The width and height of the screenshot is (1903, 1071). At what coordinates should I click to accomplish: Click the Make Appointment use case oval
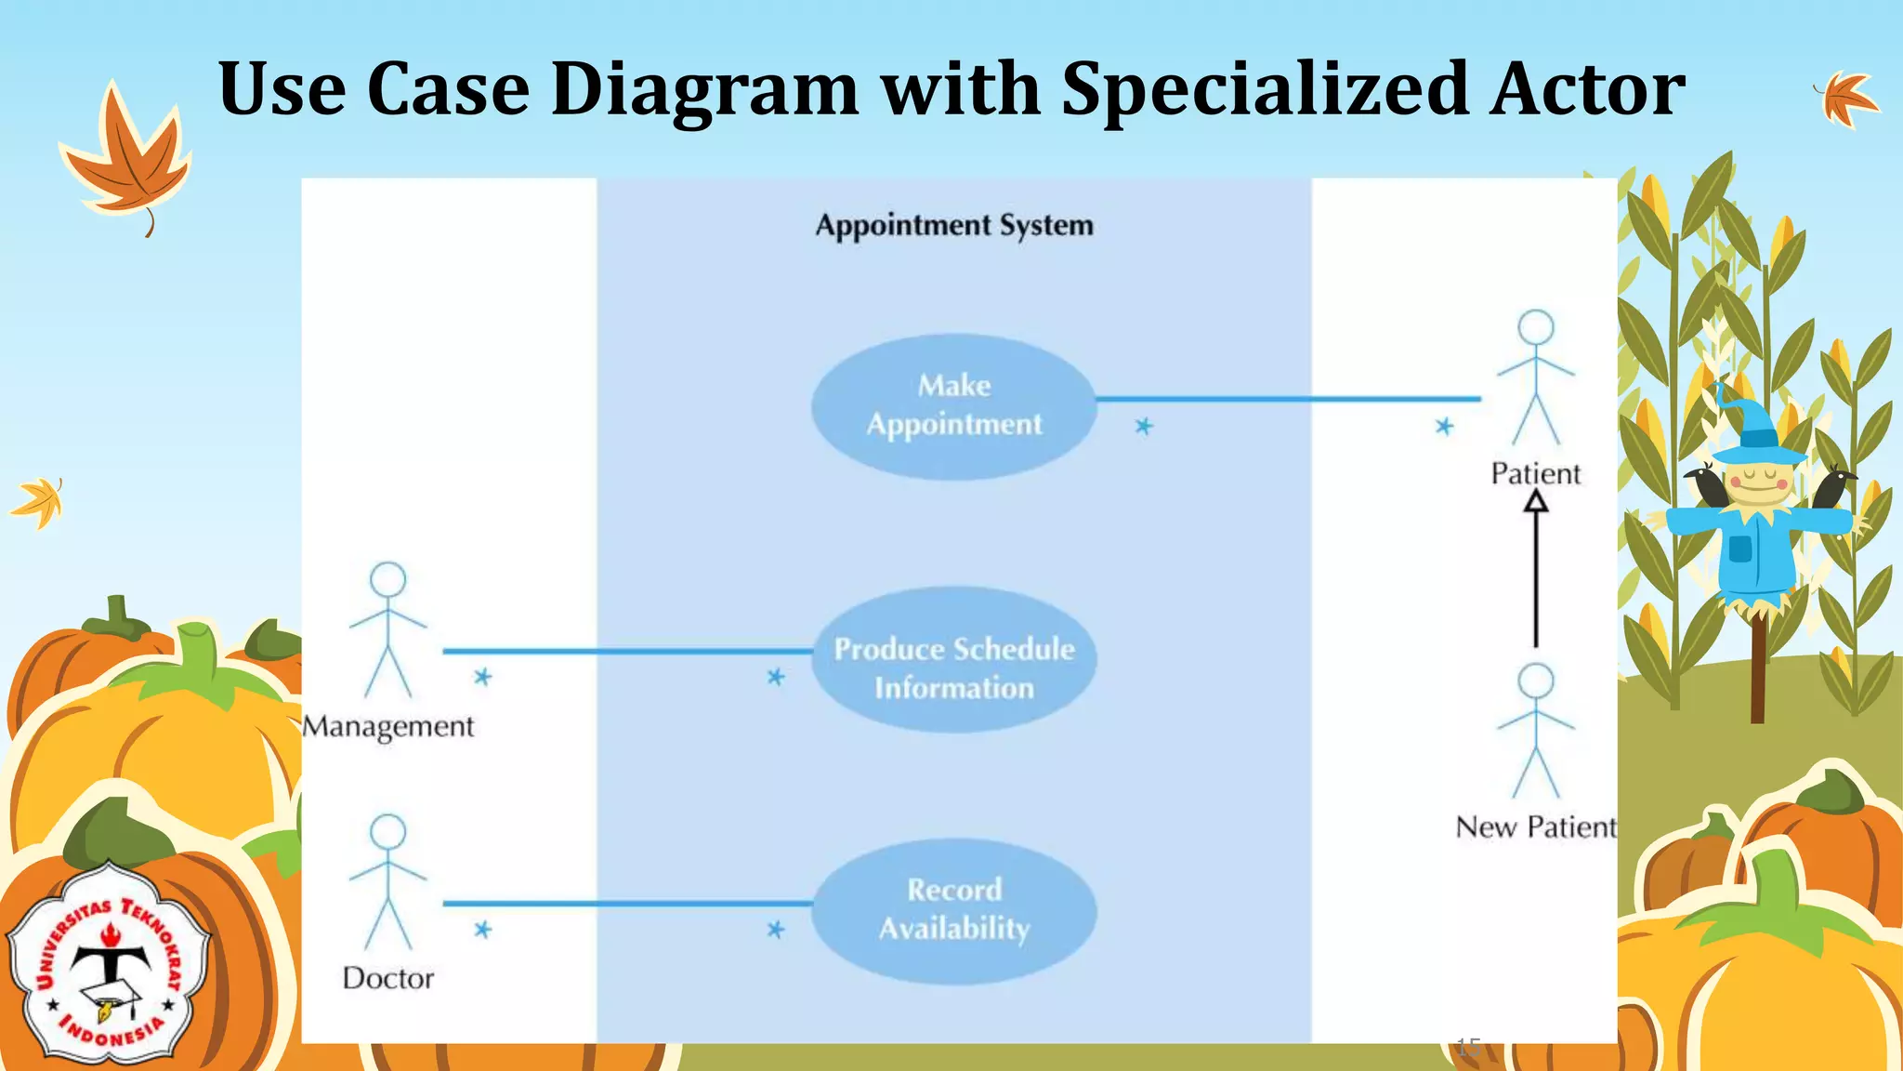point(954,406)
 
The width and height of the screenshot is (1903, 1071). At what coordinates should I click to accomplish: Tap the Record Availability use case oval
point(954,910)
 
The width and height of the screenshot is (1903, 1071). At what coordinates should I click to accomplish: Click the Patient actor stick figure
point(1535,377)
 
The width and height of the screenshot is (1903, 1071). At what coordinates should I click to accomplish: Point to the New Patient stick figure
point(1535,731)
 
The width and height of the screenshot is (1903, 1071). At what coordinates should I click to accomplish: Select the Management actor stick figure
point(387,629)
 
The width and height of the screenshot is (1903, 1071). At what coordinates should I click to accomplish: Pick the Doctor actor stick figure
point(387,882)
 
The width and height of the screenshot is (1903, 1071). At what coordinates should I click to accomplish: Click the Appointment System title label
point(954,226)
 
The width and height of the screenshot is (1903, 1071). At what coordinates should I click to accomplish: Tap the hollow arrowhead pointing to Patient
point(1536,502)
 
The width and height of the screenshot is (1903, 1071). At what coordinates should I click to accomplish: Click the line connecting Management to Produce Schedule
point(627,651)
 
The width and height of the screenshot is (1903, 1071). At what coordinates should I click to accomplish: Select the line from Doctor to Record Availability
point(627,903)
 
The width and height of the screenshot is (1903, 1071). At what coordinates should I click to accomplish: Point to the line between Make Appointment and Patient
point(1288,399)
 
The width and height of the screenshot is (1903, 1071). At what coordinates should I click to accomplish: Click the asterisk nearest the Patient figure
point(1444,427)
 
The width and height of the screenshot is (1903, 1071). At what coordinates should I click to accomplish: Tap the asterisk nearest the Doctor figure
point(482,930)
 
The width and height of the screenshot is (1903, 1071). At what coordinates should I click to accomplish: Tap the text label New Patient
point(1535,826)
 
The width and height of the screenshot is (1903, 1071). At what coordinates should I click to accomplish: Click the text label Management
point(388,726)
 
